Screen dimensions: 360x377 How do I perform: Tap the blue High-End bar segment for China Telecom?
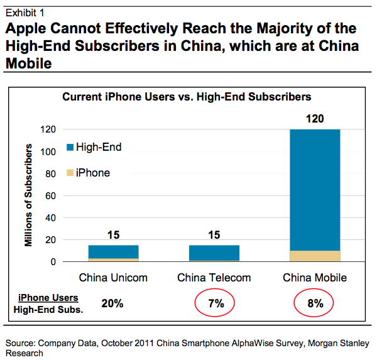pyautogui.click(x=214, y=253)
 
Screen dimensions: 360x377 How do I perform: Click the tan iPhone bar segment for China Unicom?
pyautogui.click(x=113, y=259)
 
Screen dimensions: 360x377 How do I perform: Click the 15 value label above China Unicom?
pyautogui.click(x=113, y=236)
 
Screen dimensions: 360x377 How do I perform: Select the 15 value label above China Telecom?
pyautogui.click(x=214, y=236)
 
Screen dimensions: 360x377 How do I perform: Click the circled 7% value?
pyautogui.click(x=214, y=303)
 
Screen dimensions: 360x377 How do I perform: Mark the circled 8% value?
pyautogui.click(x=315, y=303)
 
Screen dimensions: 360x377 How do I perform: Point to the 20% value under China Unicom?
pyautogui.click(x=113, y=303)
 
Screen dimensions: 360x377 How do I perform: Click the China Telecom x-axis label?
pyautogui.click(x=214, y=278)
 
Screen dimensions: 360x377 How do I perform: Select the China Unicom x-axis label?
pyautogui.click(x=113, y=278)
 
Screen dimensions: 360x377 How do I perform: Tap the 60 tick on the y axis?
pyautogui.click(x=51, y=195)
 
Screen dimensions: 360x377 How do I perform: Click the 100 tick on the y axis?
pyautogui.click(x=48, y=151)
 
